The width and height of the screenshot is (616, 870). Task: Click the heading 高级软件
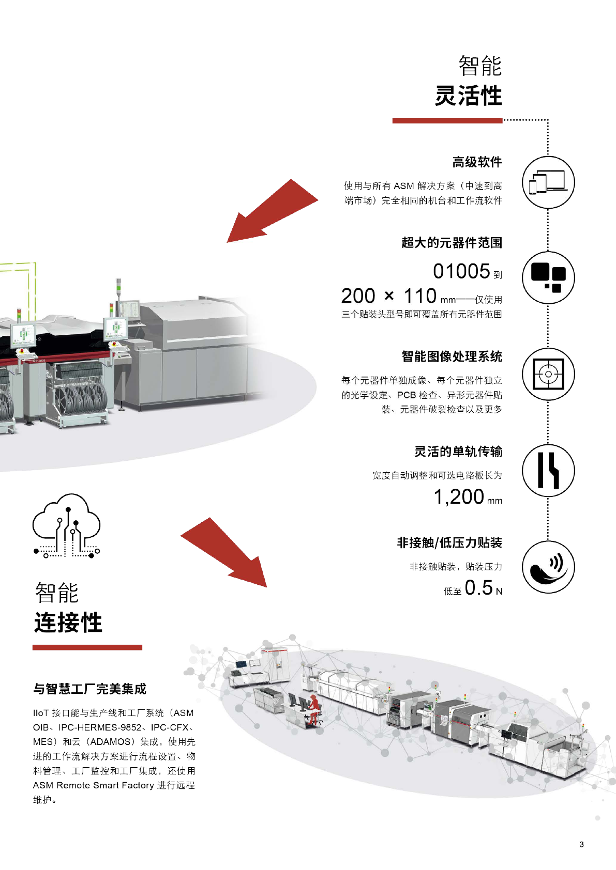coord(477,162)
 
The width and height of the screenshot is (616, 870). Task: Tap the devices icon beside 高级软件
coord(548,182)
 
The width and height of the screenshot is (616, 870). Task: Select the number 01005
coord(461,271)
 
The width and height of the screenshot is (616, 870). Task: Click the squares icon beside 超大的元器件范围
coord(548,278)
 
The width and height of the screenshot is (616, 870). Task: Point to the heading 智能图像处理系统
coord(452,356)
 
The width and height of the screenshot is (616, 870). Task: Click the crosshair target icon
coord(548,374)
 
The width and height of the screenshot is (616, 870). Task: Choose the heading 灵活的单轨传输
coord(458,452)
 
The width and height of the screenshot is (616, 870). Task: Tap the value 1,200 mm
coord(467,497)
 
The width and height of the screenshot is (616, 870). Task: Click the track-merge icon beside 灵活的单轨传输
coord(548,471)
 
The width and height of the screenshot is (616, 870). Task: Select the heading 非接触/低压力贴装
coord(449,542)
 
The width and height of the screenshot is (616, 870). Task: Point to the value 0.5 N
coord(483,588)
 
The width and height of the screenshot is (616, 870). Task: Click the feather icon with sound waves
coord(548,567)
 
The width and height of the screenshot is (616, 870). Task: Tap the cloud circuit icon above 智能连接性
coord(67,525)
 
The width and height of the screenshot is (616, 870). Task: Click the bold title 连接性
coord(68,623)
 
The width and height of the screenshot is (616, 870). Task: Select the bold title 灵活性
coord(468,96)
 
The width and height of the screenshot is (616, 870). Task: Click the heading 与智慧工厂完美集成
coord(89,689)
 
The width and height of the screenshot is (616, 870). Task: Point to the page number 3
coord(581,844)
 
